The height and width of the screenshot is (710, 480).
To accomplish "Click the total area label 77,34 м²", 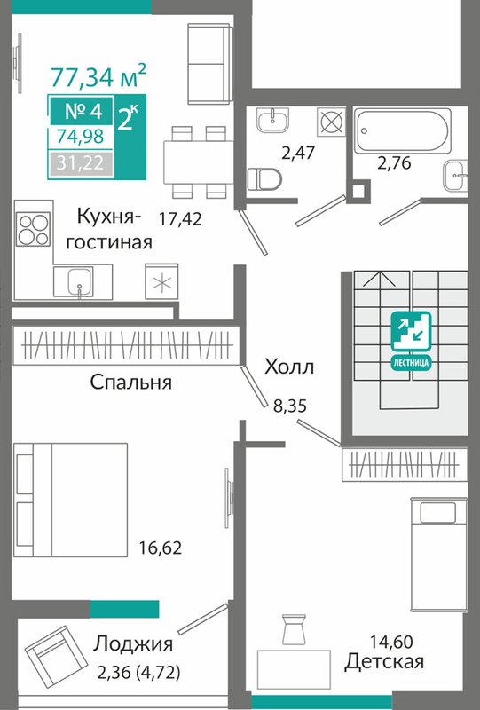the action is coord(98,75).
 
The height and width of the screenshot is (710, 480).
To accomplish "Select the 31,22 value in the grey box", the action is coord(81,162).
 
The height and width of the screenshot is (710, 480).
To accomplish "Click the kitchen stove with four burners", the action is coord(33,229).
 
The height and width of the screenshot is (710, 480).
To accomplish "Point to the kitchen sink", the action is coord(74,281).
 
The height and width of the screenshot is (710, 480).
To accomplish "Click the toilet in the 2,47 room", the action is coord(264,178).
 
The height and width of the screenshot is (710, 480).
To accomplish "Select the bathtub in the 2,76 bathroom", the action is coord(402,130).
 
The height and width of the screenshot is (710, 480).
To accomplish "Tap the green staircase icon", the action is coord(411,338).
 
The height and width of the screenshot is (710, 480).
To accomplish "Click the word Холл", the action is coord(289,367).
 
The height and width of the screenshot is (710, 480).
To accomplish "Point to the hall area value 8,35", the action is coord(290,406).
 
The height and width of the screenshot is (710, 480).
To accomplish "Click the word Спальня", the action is coord(130,383).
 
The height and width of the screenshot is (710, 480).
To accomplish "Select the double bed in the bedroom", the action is coord(71,500).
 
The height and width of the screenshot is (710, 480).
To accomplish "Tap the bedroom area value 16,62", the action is coord(161,548).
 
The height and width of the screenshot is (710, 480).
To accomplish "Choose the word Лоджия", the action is coord(133,643).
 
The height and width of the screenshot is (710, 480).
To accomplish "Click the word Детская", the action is coord(384,661).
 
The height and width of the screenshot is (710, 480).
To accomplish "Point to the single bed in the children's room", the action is coord(438,553).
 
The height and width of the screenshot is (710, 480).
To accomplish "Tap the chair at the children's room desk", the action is coord(294,629).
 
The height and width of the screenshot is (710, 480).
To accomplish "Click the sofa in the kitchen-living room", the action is coord(209,63).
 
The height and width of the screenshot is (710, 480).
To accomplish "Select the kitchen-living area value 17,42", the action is coord(180,219).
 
